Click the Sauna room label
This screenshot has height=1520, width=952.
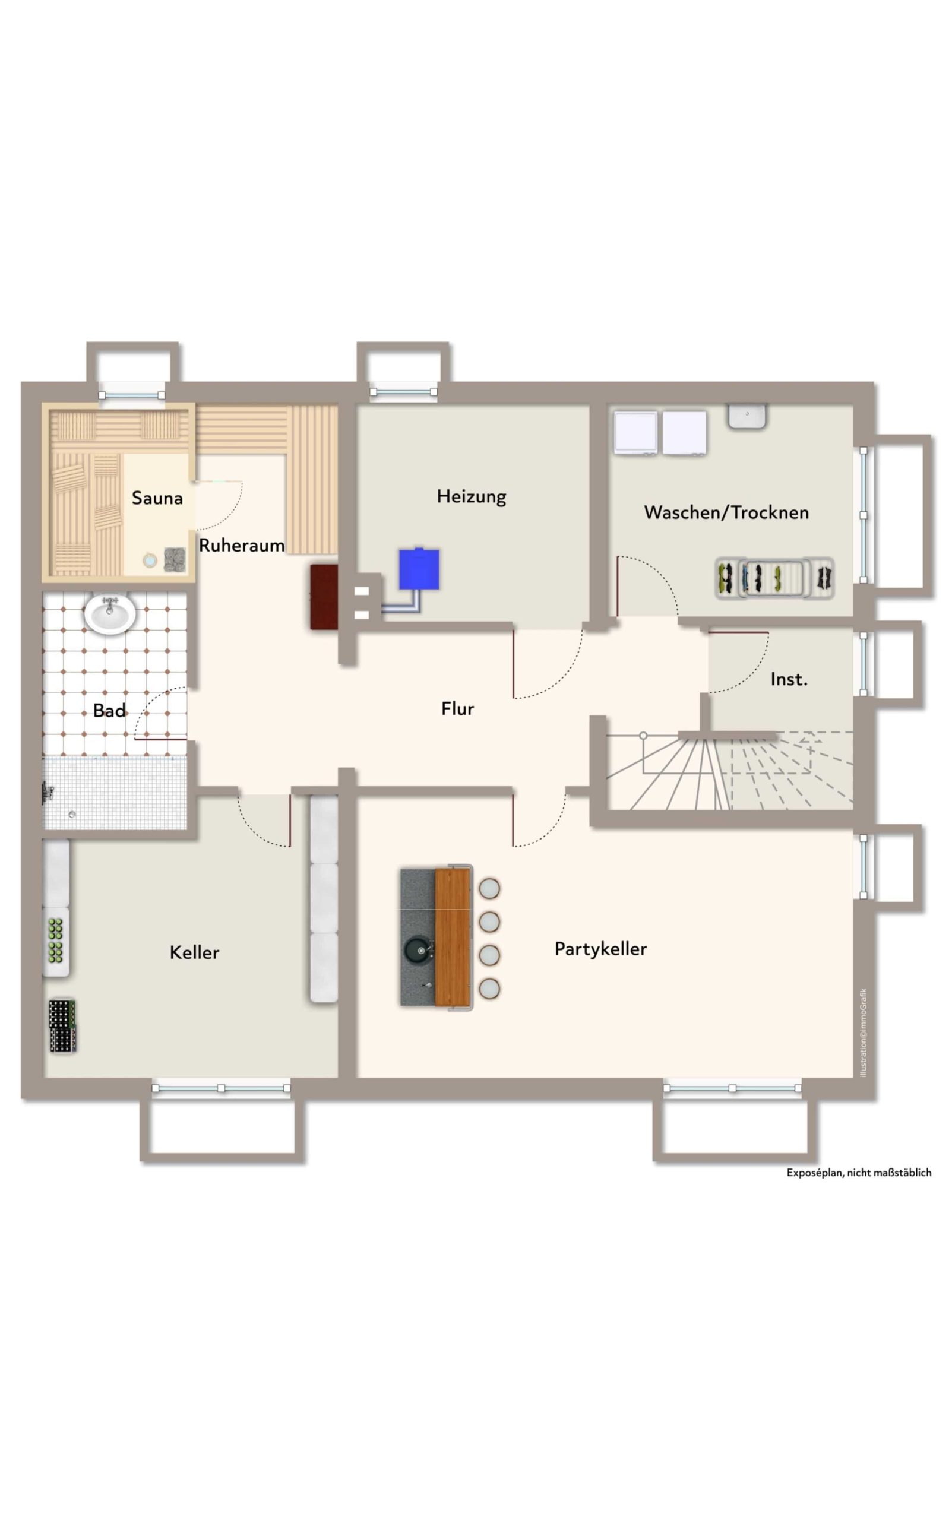click(x=157, y=499)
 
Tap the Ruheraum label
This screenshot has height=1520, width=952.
click(x=242, y=546)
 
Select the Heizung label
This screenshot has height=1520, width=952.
click(x=472, y=496)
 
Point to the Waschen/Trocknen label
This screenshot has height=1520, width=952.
click(x=726, y=512)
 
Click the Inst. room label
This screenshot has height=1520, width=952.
click(x=789, y=679)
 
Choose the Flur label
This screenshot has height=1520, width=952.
click(x=458, y=709)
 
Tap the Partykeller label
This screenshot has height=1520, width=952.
click(x=600, y=949)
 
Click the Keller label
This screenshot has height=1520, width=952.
click(x=195, y=952)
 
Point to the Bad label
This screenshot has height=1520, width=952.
click(x=109, y=711)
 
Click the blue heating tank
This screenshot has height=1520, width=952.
click(x=419, y=569)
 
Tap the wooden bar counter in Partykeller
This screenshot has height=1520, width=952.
click(x=453, y=938)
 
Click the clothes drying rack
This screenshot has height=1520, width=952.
click(x=775, y=577)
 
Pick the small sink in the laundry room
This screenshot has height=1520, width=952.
click(x=747, y=416)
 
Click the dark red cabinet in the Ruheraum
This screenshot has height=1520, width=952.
click(x=324, y=597)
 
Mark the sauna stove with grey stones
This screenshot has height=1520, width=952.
click(x=175, y=559)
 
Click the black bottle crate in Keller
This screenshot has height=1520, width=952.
click(x=62, y=1027)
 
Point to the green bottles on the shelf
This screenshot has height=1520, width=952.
click(x=55, y=941)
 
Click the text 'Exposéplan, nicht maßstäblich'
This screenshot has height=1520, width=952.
click(x=859, y=1173)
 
